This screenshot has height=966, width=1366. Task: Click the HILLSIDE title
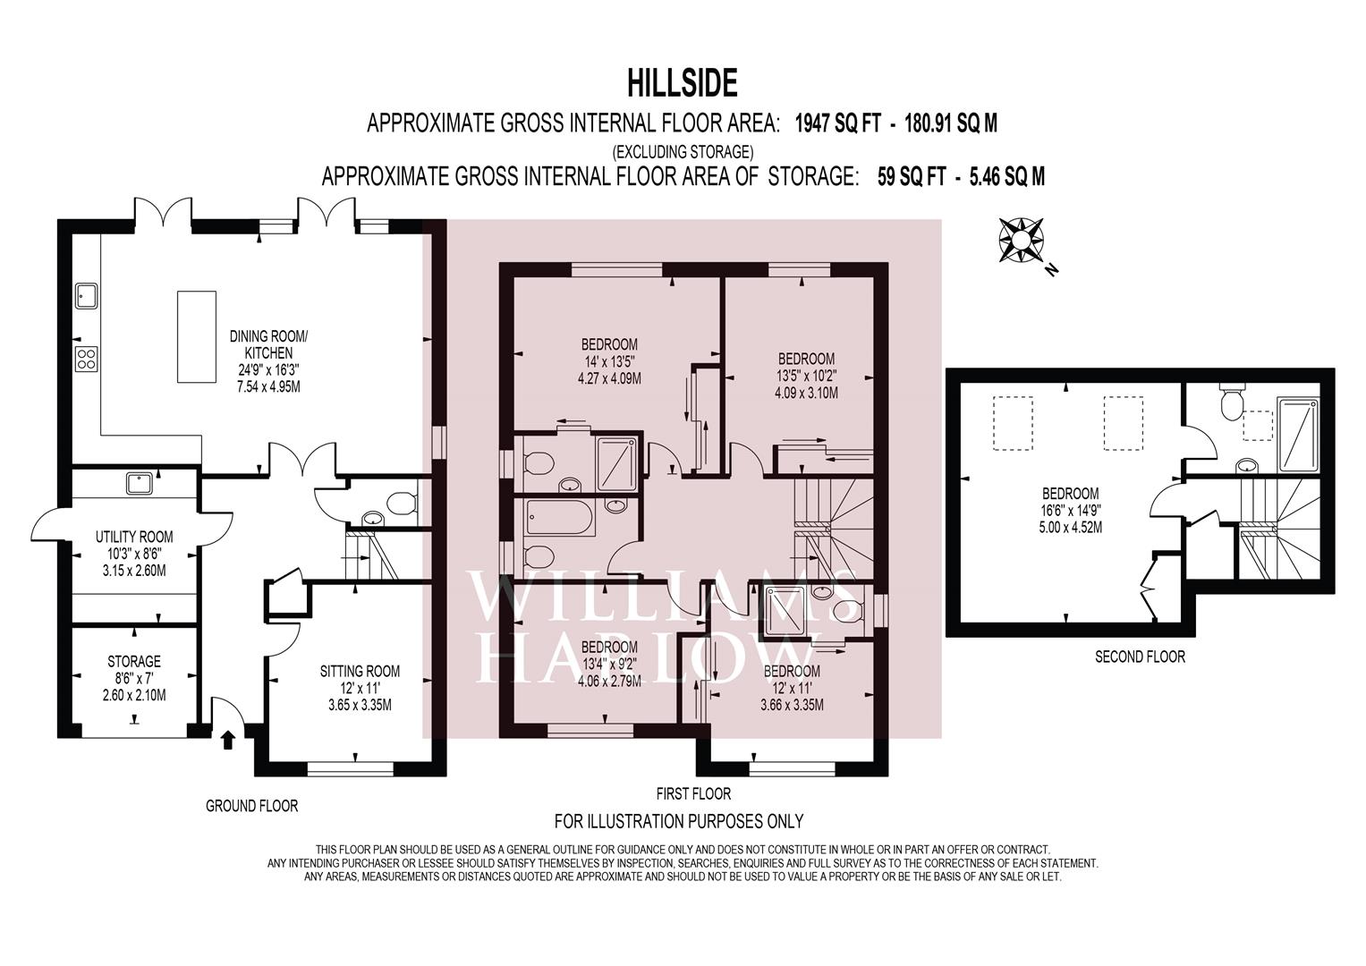683,83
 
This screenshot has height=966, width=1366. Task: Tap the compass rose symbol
1021,241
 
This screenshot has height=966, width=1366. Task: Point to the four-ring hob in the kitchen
86,359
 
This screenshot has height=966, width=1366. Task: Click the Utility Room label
134,538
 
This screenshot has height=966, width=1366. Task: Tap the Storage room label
134,662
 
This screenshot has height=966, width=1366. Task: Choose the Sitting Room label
360,672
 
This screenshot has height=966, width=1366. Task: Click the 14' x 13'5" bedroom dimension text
609,361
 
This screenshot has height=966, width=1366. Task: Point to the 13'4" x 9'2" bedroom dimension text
609,664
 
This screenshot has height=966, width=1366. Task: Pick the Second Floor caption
1141,657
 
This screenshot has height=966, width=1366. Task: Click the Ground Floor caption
252,806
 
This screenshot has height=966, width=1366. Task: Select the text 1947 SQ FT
838,123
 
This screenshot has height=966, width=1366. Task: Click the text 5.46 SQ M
1005,177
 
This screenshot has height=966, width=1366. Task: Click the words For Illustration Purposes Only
679,821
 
